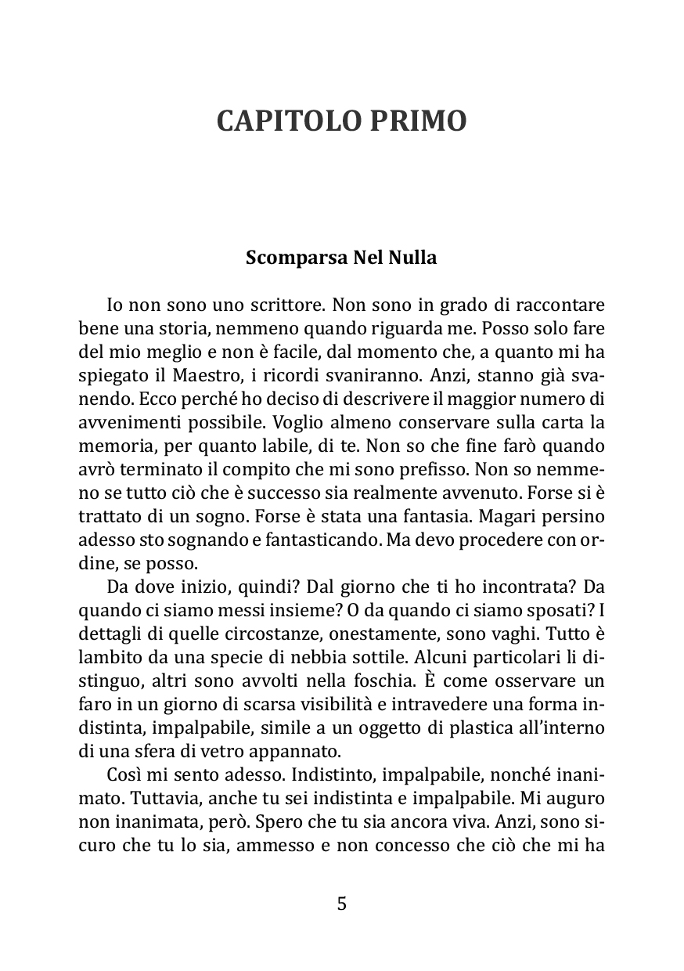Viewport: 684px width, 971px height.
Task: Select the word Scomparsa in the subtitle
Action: [283, 258]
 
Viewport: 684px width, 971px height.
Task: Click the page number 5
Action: [341, 904]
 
